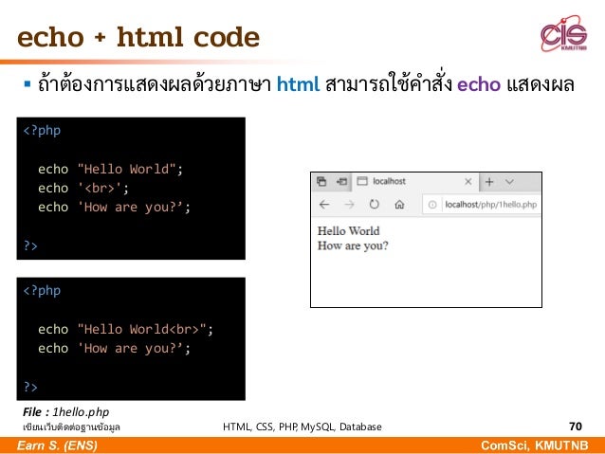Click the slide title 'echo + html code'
pos(137,37)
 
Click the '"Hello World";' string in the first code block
pos(128,169)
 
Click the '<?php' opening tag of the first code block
pos(42,130)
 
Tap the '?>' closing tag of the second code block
pos(31,387)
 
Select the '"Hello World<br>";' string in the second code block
pos(144,329)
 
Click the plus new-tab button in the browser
pos(489,181)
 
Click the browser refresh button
pos(374,204)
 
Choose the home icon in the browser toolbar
pos(399,204)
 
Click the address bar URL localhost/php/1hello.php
pos(489,204)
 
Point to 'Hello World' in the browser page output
pos(348,230)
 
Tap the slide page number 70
pos(575,427)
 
